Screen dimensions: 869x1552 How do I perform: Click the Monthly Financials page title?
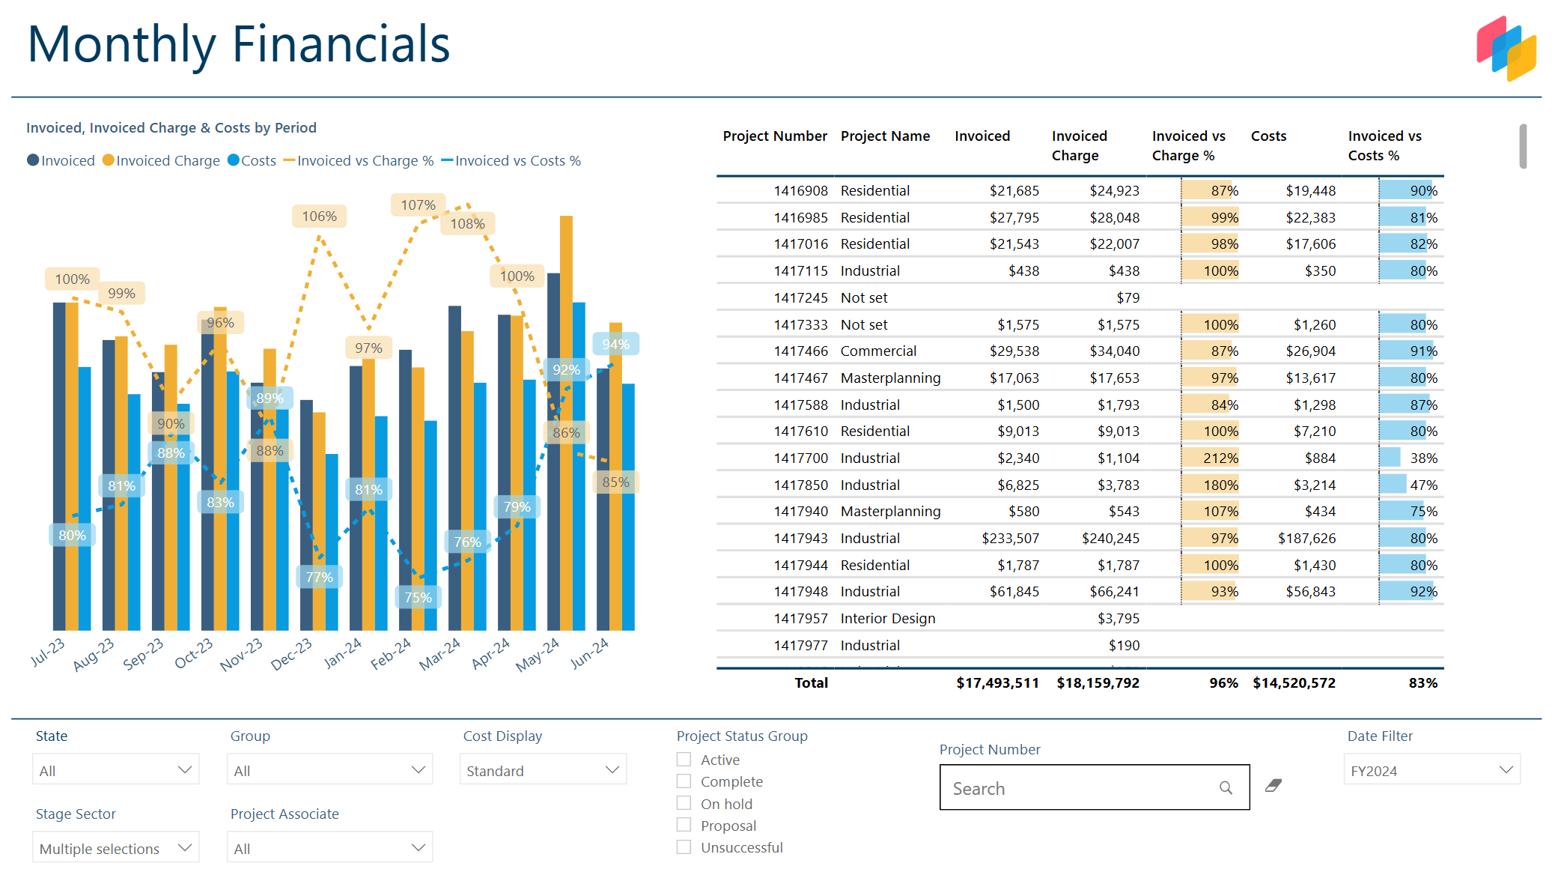coord(238,44)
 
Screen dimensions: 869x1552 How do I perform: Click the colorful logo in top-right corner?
coord(1506,48)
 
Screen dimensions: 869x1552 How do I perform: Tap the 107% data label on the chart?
coord(418,205)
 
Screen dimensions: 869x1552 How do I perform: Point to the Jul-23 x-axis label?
coord(48,652)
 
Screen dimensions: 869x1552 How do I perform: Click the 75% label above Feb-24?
coord(418,597)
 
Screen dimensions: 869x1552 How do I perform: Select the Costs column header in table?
coord(1268,136)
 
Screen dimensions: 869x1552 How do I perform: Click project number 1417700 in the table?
coord(800,458)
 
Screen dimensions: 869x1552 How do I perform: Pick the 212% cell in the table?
coord(1220,458)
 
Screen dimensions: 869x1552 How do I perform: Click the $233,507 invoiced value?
coord(1010,538)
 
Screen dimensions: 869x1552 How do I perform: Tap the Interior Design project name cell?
coord(887,618)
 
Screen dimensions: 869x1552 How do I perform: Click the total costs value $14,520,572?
coord(1294,682)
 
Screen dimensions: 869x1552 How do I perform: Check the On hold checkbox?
coord(684,803)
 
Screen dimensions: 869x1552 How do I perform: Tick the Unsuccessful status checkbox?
coord(684,847)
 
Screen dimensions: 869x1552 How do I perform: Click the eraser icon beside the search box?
coord(1273,785)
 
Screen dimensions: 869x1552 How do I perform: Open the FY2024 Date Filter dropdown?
coord(1431,770)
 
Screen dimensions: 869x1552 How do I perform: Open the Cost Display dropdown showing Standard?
coord(543,770)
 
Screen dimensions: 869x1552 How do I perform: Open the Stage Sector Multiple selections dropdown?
coord(115,848)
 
